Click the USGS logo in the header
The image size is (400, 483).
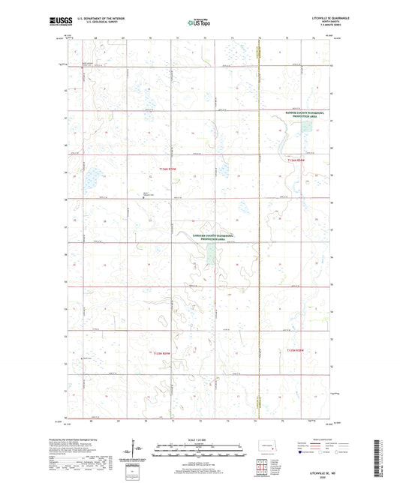click(x=58, y=22)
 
